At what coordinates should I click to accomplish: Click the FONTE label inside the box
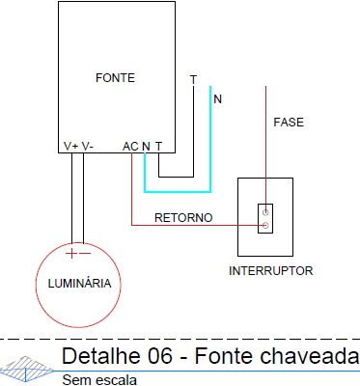tap(115, 77)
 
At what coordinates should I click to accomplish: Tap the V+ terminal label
tap(70, 146)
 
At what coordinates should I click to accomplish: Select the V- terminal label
tap(87, 146)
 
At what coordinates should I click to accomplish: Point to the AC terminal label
tap(130, 146)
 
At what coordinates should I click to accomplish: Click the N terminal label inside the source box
tap(145, 146)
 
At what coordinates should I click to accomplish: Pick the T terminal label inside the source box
tap(158, 146)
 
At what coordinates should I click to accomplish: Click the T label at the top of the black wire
tap(193, 79)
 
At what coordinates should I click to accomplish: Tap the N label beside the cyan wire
tap(217, 99)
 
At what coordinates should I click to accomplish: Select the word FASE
tap(289, 124)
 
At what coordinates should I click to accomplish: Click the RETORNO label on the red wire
tap(183, 218)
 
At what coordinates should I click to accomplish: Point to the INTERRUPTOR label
tap(270, 271)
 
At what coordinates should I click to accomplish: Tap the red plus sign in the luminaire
tap(70, 254)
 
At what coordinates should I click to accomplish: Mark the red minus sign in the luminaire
tap(86, 254)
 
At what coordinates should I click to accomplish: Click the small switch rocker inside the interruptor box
tap(265, 218)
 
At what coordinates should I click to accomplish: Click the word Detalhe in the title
tap(98, 357)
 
